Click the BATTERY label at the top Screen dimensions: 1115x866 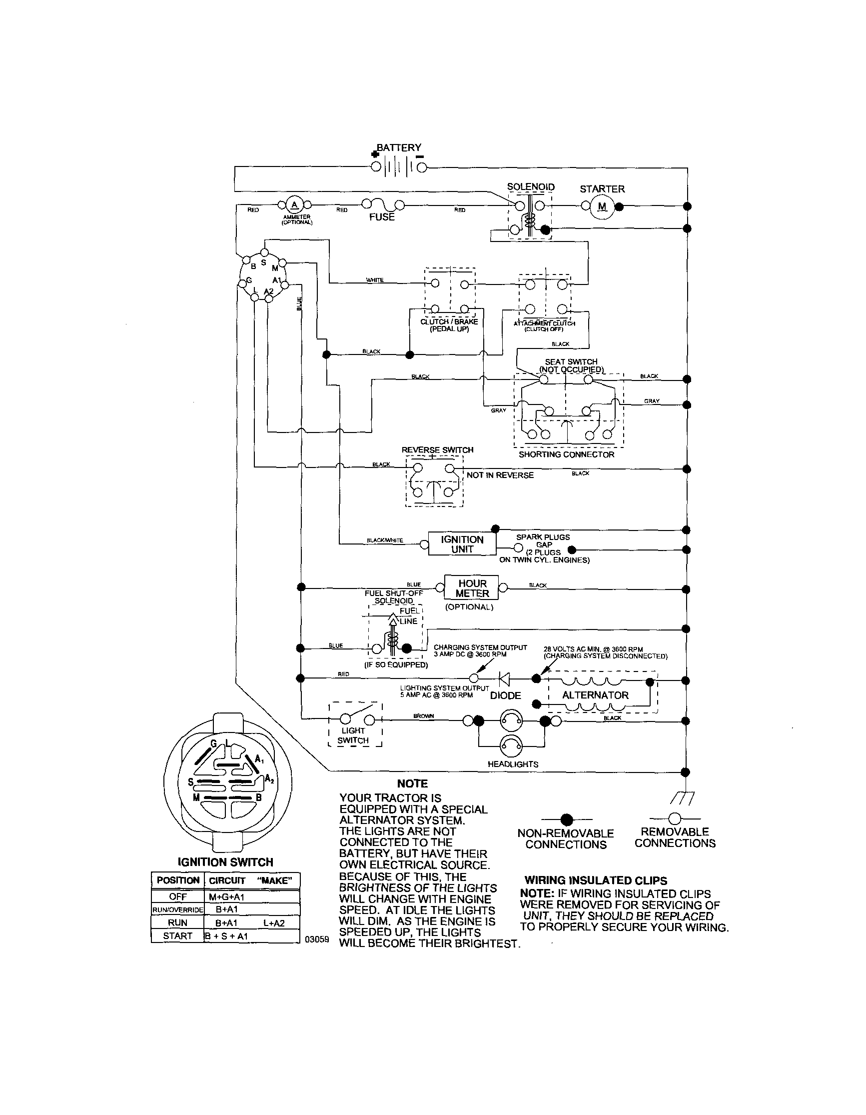(399, 147)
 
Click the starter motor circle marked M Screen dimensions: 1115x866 (602, 206)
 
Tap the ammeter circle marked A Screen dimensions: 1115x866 (294, 205)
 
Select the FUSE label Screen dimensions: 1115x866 (382, 217)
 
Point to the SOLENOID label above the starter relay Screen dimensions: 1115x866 (531, 187)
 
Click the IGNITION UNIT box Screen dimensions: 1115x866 (462, 544)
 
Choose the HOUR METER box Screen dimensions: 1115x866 (472, 588)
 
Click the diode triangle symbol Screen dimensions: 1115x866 (504, 678)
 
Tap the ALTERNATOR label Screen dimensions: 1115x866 (595, 695)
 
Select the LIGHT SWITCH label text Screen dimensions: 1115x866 (353, 735)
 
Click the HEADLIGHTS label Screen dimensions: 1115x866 (513, 764)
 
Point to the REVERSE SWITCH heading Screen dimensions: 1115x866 (437, 450)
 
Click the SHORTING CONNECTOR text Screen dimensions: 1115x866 (567, 454)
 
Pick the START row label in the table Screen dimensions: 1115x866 (177, 936)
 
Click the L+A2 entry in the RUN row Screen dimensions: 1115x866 (274, 922)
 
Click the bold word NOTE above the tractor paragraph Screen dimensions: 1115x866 (412, 783)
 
